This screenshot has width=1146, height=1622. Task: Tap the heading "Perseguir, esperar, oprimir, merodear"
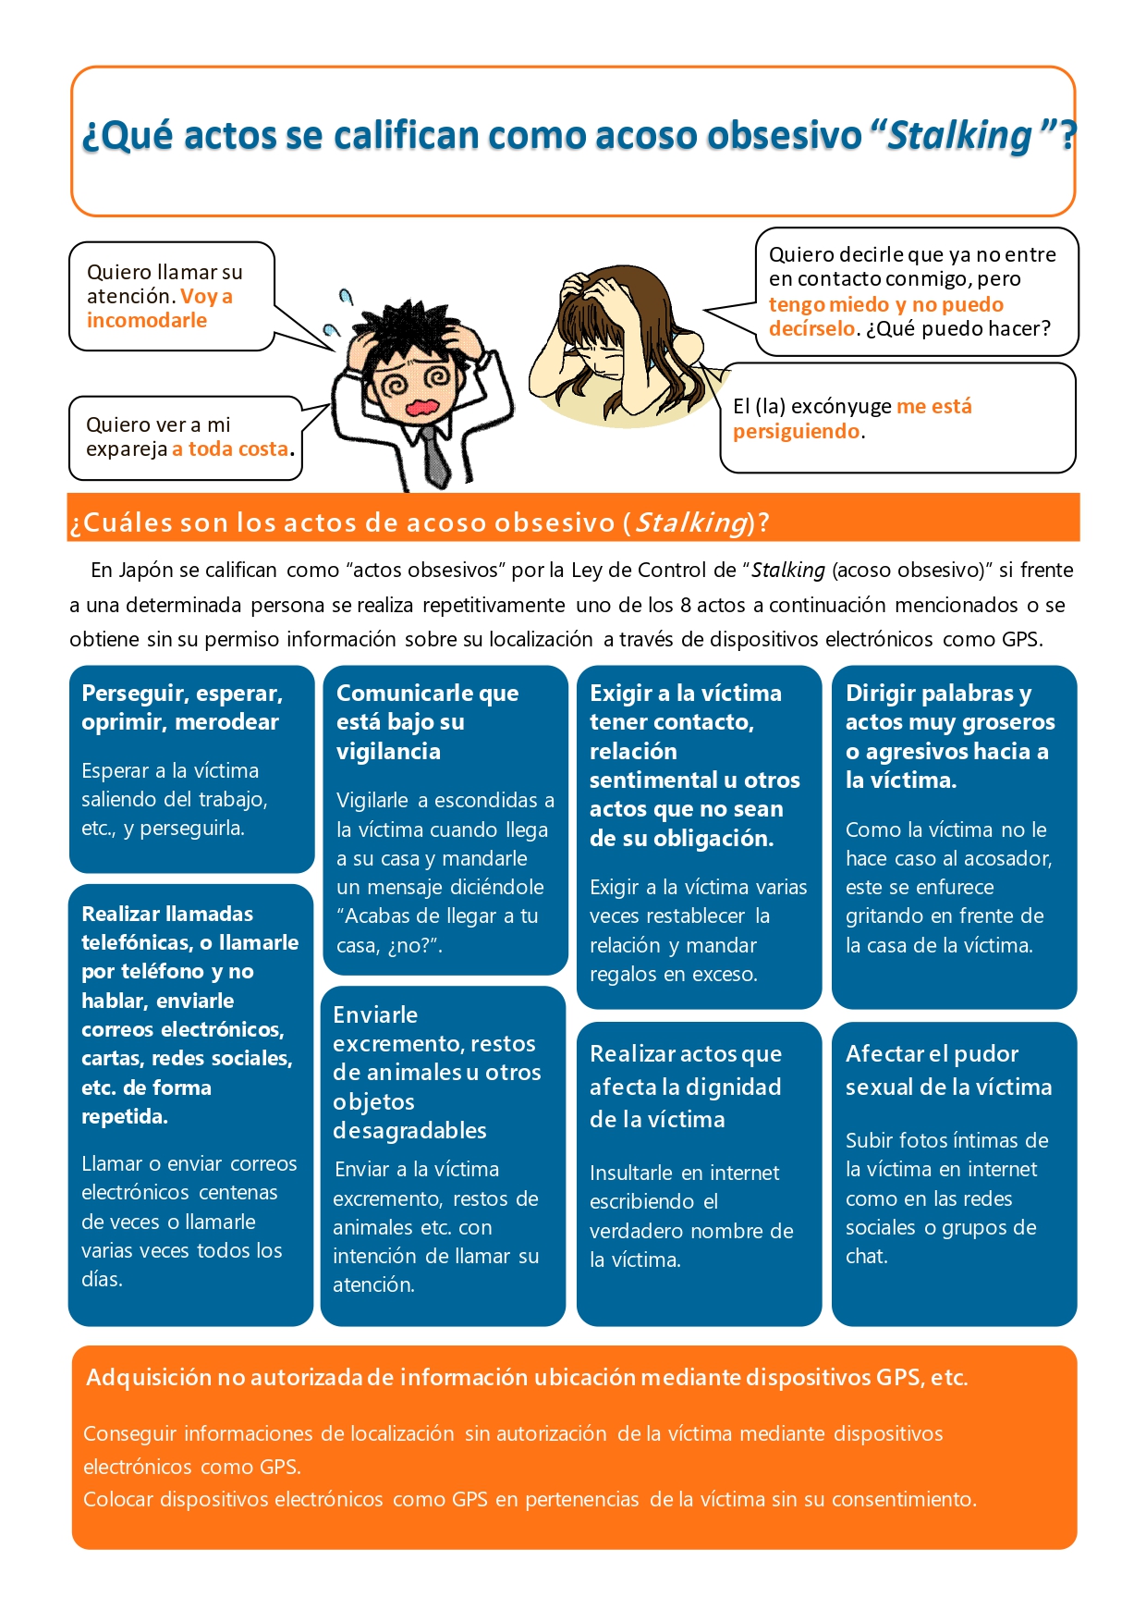coord(182,707)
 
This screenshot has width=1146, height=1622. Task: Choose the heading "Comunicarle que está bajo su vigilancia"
coord(427,721)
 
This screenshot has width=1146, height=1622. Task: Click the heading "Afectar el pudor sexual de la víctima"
coord(948,1070)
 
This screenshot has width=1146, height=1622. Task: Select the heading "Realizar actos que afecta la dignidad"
coord(686,1087)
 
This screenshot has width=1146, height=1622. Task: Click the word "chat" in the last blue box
coord(866,1257)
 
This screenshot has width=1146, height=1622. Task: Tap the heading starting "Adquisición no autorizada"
coord(527,1378)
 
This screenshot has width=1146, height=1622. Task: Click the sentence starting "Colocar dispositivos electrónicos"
coord(530,1499)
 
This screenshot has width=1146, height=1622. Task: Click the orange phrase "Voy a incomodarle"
coord(159,309)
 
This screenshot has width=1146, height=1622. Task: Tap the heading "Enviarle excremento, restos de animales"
coord(436,1073)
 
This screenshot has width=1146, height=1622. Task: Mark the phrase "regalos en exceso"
coord(673,975)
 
